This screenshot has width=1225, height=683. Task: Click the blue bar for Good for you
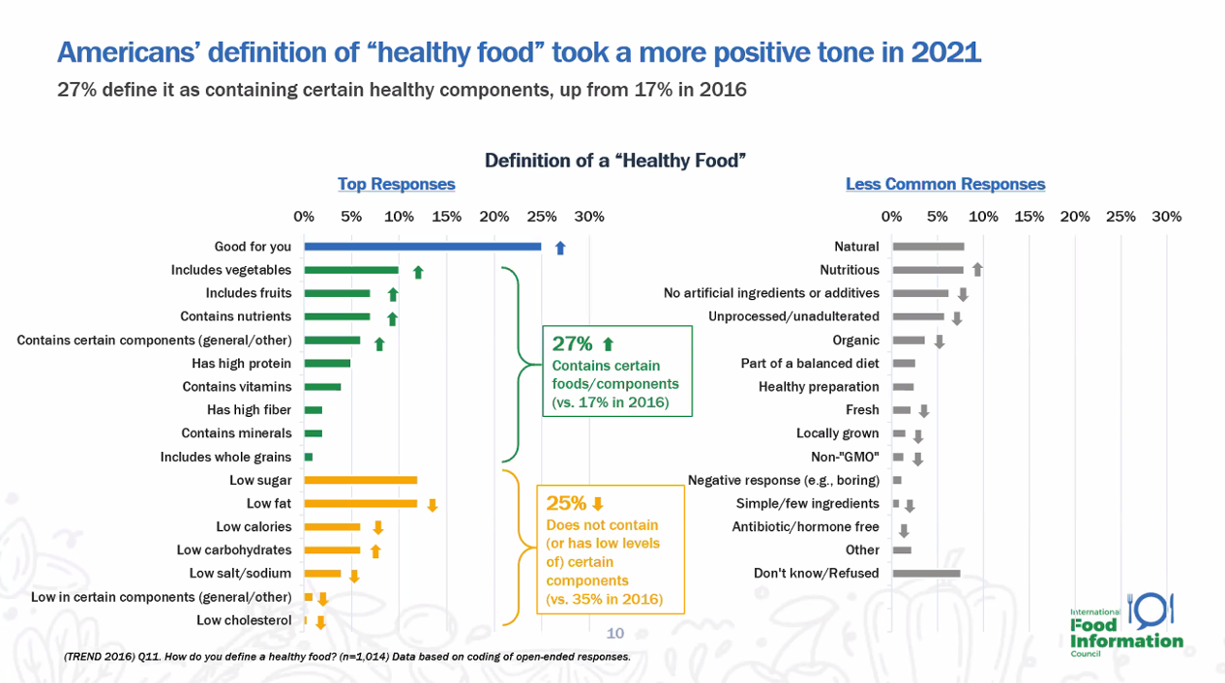click(422, 247)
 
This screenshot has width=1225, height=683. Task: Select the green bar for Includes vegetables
click(351, 270)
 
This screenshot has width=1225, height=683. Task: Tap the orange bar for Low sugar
click(361, 480)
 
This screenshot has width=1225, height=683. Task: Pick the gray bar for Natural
click(928, 247)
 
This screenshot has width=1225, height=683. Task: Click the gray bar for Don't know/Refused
click(926, 573)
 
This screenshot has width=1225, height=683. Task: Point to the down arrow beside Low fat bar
click(433, 504)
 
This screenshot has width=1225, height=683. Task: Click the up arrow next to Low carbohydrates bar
click(375, 550)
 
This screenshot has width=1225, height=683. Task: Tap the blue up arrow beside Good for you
click(559, 248)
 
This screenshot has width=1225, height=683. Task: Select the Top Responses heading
click(396, 184)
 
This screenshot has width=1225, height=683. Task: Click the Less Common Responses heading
click(945, 184)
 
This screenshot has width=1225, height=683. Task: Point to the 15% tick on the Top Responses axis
click(446, 217)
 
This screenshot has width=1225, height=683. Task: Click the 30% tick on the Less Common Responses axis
click(1166, 217)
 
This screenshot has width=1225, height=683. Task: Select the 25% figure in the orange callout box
click(566, 503)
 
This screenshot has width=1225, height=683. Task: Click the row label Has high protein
click(241, 364)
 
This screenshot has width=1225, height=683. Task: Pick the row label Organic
click(855, 341)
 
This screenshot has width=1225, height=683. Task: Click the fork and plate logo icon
click(1150, 609)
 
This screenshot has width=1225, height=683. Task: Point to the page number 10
click(615, 634)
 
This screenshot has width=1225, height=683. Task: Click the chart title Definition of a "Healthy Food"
click(614, 160)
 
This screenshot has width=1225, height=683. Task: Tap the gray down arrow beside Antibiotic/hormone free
click(904, 530)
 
